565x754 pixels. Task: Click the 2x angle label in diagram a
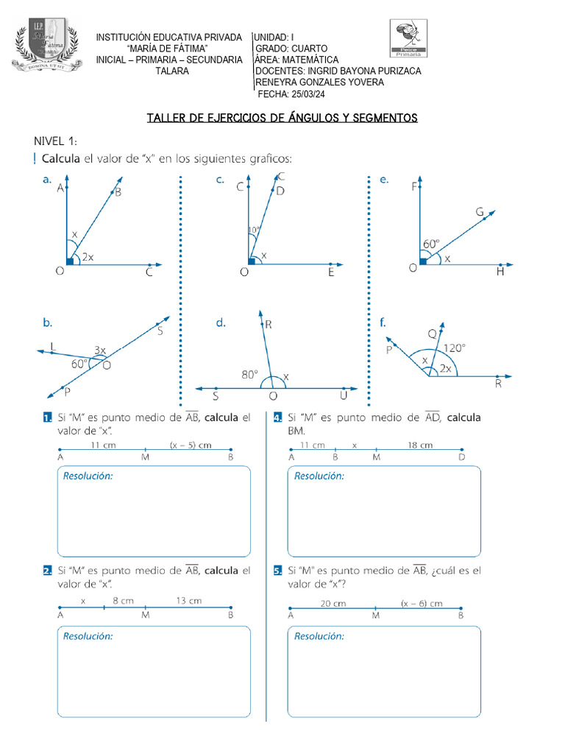88,257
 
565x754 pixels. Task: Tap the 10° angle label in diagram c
253,230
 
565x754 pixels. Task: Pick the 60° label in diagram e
431,243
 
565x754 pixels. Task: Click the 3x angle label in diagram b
99,350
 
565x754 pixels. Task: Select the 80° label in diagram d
250,374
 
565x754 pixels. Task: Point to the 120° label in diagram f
454,348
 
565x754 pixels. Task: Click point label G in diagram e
479,212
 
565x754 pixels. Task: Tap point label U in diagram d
342,397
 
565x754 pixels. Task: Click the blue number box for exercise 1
47,418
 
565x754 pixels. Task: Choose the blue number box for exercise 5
277,571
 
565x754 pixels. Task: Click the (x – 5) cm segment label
190,445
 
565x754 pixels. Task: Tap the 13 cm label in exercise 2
188,601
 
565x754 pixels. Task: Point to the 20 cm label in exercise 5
333,603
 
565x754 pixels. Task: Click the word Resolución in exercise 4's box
319,476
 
